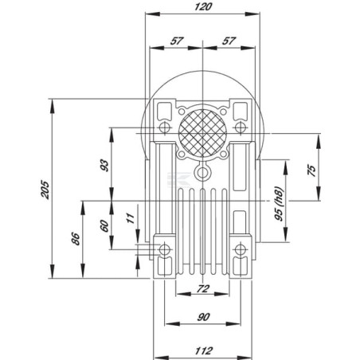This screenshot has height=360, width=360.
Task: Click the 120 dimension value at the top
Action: pos(203,7)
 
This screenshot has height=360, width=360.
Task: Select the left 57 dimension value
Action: pos(177,41)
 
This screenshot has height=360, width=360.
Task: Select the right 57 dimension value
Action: pos(229,41)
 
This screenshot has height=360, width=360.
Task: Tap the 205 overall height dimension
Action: pos(45,190)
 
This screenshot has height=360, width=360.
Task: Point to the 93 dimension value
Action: pos(105,166)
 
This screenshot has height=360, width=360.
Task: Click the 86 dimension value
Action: pos(76,239)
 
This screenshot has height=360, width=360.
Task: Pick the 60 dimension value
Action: pos(105,226)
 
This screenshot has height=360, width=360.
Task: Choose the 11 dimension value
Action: pos(131,218)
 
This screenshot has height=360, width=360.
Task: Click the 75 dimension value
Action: pos(312,170)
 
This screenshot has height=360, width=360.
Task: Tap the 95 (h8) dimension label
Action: pos(280,204)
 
